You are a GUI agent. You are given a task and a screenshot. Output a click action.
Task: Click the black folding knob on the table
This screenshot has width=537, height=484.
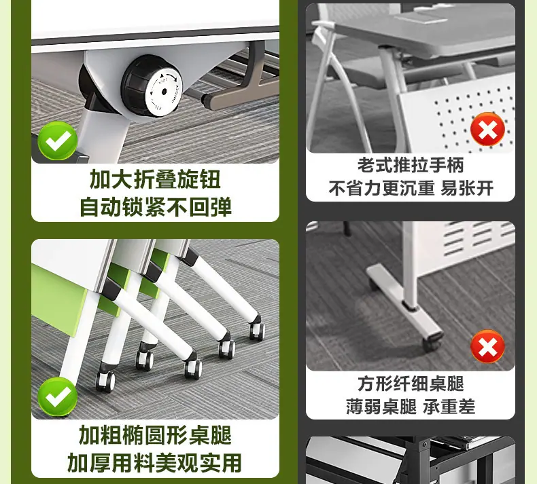pos(152,86)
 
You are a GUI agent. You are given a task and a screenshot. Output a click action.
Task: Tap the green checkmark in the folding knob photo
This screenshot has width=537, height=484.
pos(57,141)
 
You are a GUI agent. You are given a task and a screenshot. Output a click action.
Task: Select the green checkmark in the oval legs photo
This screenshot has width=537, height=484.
pos(57,397)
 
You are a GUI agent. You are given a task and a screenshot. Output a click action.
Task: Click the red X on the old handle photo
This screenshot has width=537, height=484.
pos(487,129)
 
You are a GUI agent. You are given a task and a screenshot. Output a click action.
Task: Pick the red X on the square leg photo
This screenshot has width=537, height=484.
pos(487,346)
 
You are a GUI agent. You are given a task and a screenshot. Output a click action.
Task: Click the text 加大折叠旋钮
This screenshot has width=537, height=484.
pos(155,179)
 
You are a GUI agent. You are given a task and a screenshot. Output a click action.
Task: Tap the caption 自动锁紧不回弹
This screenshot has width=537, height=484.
pos(155,206)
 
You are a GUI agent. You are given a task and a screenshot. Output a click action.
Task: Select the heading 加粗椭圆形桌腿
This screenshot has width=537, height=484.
pos(155,434)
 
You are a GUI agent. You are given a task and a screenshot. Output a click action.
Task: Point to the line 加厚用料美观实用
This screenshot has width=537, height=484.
pos(154,462)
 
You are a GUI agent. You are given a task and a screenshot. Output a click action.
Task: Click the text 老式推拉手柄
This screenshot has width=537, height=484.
pos(411,165)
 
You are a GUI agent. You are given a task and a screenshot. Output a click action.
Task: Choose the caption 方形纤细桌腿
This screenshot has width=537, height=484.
pos(411,384)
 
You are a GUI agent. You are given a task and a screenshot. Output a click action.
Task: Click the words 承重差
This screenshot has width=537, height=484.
pos(449,407)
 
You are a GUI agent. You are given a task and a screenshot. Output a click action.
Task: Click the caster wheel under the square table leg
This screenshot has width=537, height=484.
pos(432,342)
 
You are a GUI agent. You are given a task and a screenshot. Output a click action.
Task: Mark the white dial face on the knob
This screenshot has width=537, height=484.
pos(163,92)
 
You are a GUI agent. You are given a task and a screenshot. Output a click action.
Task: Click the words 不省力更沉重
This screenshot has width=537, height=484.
pos(381,188)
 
